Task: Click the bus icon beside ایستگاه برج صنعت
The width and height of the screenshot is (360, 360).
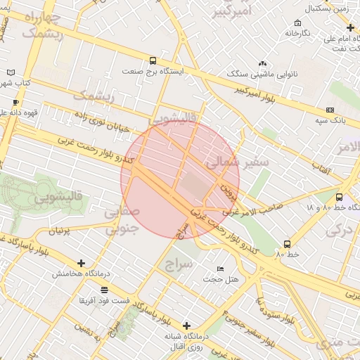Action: (x=153, y=60)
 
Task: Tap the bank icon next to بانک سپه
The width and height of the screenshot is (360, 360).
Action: (x=330, y=110)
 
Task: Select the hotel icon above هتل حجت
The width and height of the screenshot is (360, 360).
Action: (x=221, y=269)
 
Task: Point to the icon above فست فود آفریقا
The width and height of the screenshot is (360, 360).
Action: (x=104, y=290)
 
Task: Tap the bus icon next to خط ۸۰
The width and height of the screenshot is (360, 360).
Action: (x=287, y=243)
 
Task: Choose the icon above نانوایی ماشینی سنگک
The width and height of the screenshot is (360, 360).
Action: (x=262, y=63)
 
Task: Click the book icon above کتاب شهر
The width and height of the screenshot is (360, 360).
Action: (x=10, y=72)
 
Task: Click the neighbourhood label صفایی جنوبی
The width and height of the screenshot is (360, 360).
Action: (x=122, y=220)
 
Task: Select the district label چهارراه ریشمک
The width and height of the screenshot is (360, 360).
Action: (x=41, y=24)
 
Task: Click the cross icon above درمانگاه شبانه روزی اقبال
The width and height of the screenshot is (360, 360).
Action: (x=186, y=326)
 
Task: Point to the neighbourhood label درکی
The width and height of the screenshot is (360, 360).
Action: (x=340, y=229)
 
